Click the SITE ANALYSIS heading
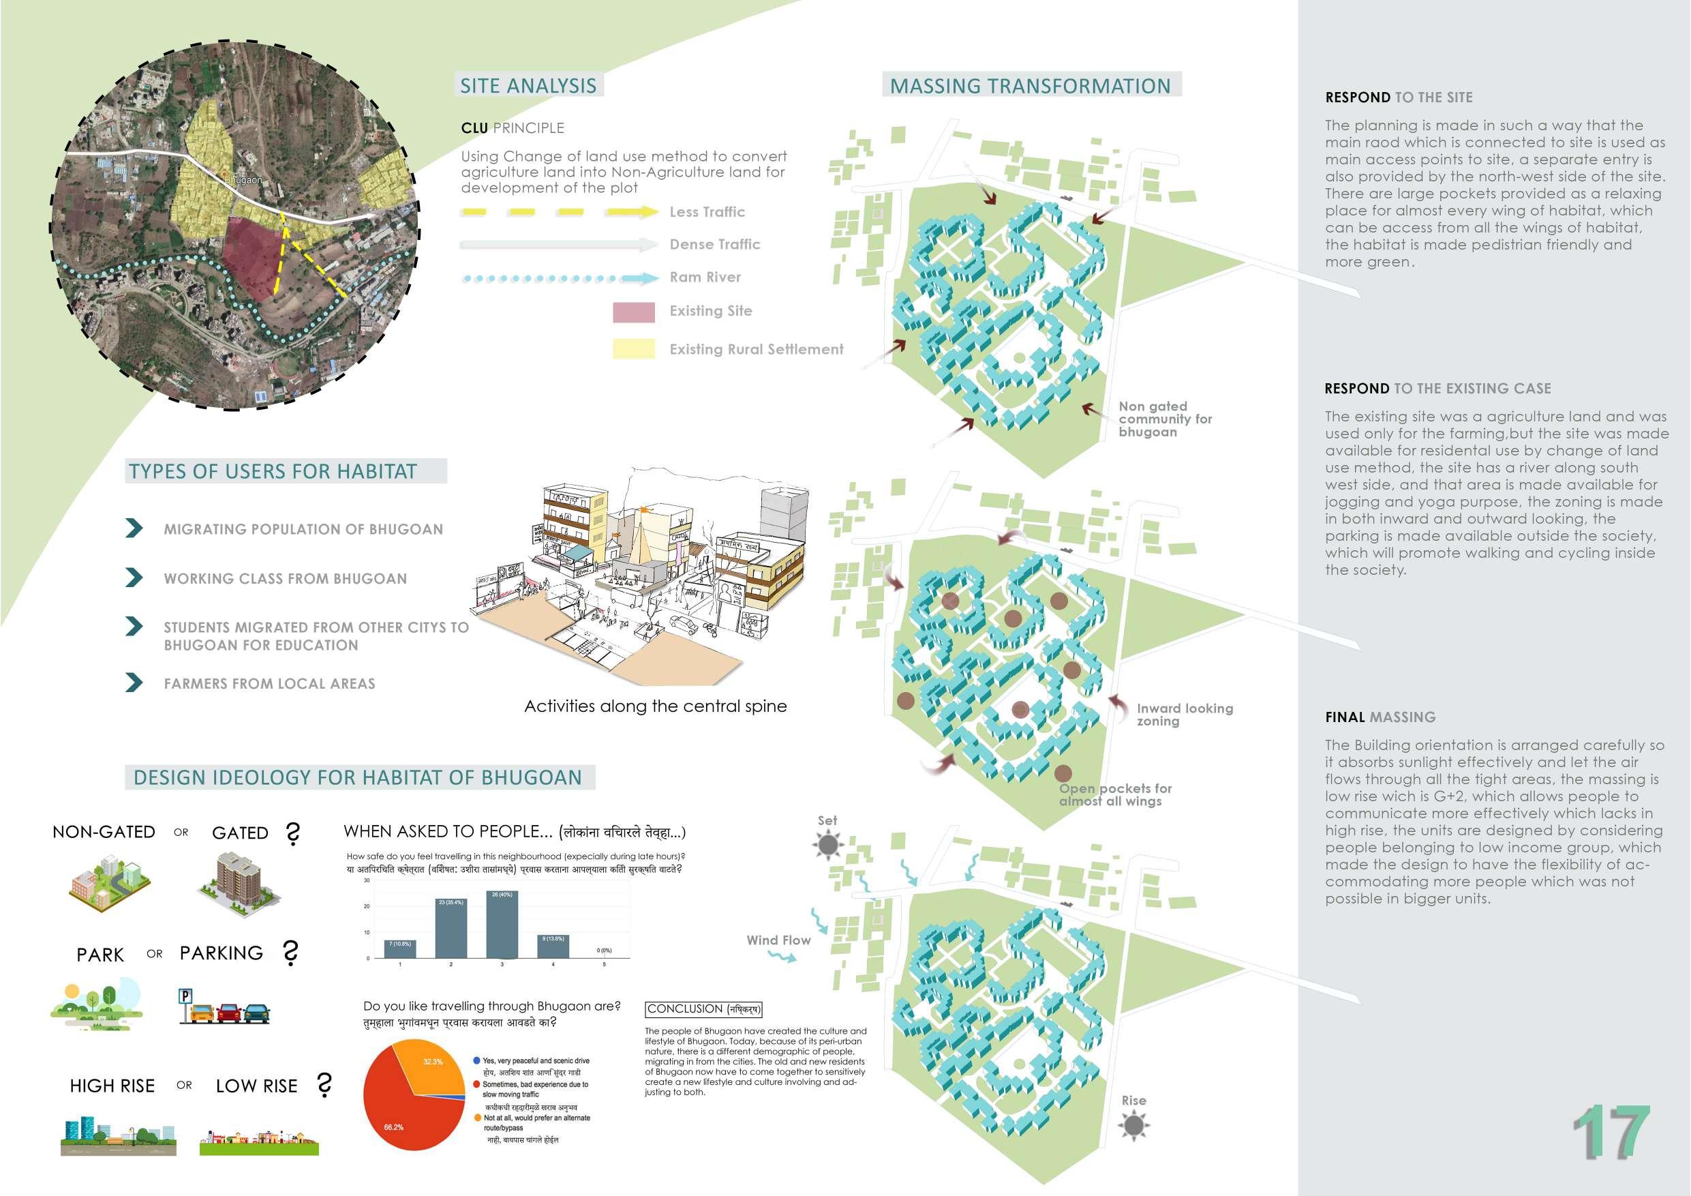528,85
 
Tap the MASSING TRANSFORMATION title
1030,85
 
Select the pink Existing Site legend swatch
633,312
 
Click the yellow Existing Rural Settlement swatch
633,348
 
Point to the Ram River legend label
705,277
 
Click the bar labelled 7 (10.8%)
400,948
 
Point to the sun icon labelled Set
828,844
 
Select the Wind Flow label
778,940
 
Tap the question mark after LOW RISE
324,1085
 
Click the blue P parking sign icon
185,997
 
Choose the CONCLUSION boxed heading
703,1008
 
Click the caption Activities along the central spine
655,706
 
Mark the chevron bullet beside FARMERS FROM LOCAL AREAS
134,683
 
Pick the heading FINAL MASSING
1380,717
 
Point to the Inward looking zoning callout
1183,714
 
